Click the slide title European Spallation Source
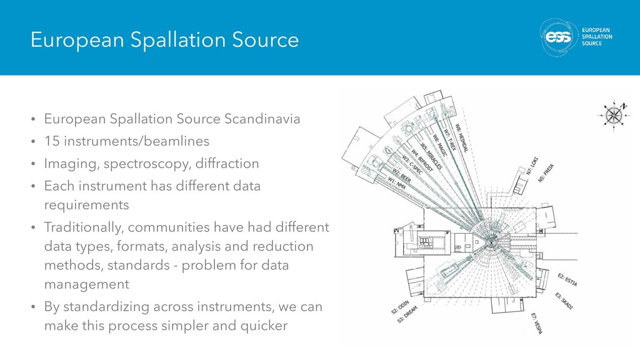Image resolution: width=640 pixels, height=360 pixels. tap(166, 41)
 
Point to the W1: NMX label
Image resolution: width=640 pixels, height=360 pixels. tap(399, 184)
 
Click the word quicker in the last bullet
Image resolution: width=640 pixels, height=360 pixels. tap(261, 326)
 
